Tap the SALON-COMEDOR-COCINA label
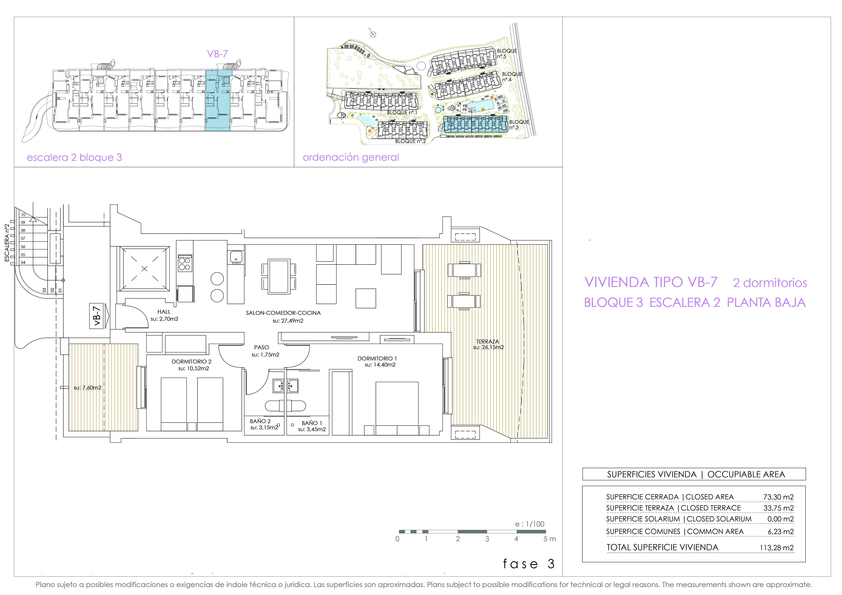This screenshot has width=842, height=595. tap(283, 313)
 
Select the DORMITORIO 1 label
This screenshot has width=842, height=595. tap(377, 358)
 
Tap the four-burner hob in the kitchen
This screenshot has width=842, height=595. tap(185, 263)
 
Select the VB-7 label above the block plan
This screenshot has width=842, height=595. tap(217, 54)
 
